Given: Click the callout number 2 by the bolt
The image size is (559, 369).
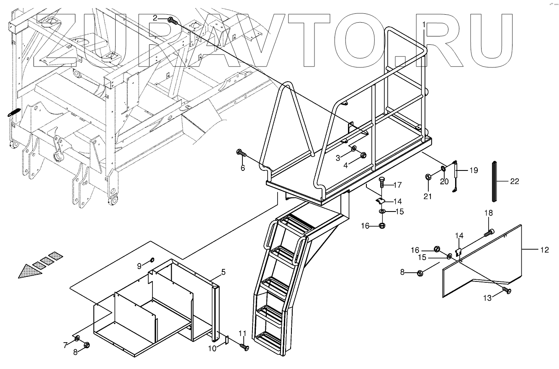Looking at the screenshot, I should (155, 18).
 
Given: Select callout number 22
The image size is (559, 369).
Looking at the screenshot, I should (515, 181).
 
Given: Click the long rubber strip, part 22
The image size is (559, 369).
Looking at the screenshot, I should (496, 182).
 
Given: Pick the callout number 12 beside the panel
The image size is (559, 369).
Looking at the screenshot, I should (544, 250).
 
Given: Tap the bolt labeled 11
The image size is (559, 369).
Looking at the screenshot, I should (245, 347).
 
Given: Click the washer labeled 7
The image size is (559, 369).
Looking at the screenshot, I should (77, 338).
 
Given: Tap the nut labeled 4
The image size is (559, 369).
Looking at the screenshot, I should (363, 155).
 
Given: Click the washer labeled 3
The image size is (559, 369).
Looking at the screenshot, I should (354, 149).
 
